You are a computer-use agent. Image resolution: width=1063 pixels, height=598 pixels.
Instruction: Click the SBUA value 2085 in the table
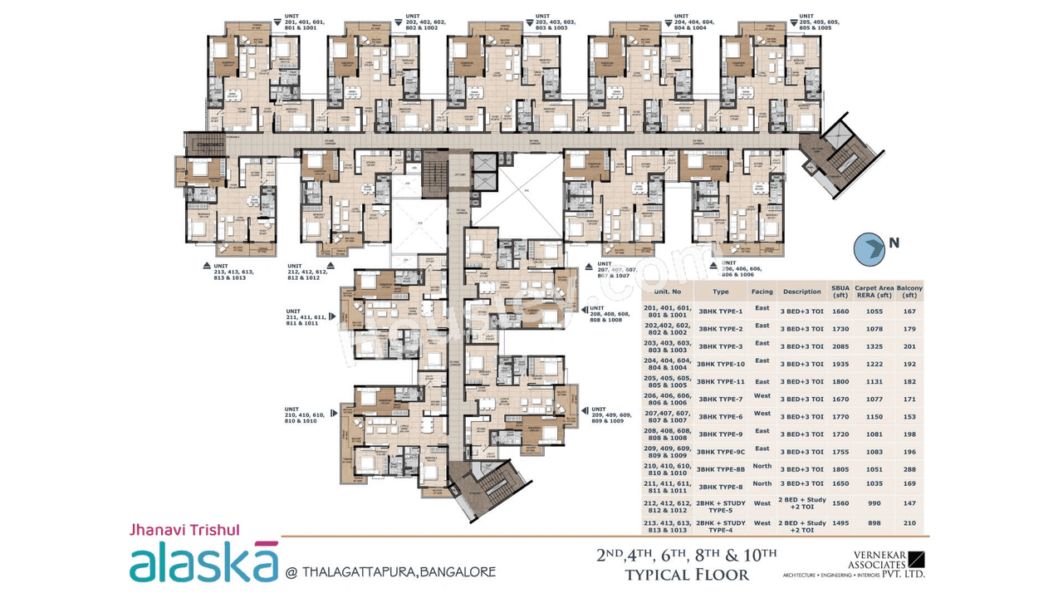tap(840, 346)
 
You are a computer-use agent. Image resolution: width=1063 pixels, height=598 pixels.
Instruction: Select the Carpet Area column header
tap(873, 292)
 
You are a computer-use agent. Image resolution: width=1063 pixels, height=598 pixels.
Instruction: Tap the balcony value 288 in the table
tap(909, 469)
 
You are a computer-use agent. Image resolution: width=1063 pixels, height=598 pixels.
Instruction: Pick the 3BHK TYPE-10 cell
tap(721, 364)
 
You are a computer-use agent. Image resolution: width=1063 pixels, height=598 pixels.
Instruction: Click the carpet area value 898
tap(874, 523)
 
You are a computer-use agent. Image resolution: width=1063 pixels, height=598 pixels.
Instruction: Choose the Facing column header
tap(762, 292)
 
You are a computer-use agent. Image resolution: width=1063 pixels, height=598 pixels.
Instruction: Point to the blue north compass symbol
tap(870, 248)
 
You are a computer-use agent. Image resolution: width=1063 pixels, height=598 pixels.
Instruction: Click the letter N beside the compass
tap(894, 243)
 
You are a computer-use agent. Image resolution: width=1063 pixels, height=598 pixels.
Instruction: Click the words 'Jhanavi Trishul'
tap(184, 529)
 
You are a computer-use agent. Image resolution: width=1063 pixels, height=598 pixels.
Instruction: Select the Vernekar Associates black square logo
tap(916, 558)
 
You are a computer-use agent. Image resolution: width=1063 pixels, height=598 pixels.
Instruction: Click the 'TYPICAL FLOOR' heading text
tap(686, 575)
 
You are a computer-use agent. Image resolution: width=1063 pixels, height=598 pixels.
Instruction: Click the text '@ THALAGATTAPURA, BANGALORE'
tap(390, 571)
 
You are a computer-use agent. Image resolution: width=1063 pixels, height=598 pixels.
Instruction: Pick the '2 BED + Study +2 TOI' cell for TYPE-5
tap(801, 504)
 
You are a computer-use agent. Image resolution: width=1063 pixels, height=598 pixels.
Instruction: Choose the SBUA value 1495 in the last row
tap(840, 523)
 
